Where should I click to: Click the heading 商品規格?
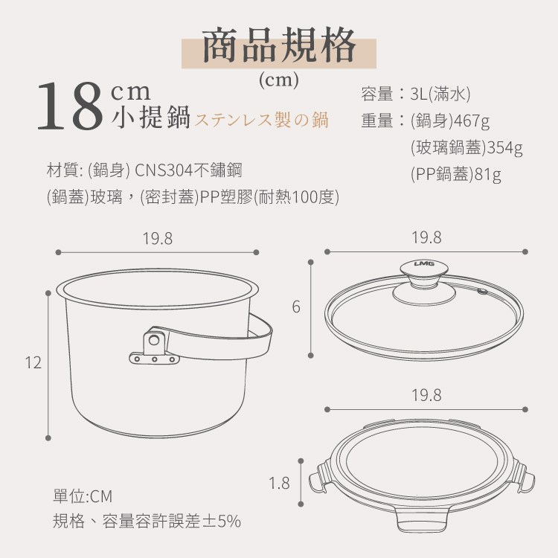(279, 46)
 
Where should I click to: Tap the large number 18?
(70, 106)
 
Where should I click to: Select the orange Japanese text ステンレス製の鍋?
(262, 120)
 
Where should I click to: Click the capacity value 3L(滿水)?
(440, 94)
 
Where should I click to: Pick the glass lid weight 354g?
(504, 147)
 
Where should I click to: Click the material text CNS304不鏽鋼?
(189, 170)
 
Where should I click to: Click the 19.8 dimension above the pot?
(157, 239)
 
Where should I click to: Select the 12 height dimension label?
(33, 362)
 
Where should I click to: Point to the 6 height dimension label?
(296, 307)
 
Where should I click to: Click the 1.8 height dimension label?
(279, 484)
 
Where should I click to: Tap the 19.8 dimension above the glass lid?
(426, 238)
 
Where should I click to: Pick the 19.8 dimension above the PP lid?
(426, 395)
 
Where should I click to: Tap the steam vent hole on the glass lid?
(482, 292)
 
